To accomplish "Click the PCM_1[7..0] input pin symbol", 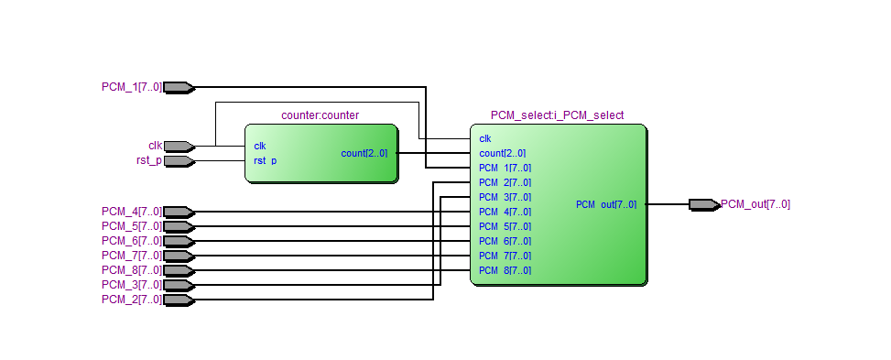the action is click(x=179, y=88).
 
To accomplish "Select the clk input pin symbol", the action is click(x=179, y=147).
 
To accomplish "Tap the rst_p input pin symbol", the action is click(x=179, y=161).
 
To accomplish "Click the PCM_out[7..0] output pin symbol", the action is click(x=704, y=204).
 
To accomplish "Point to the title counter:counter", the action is click(x=320, y=115).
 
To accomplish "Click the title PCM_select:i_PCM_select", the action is click(x=557, y=115).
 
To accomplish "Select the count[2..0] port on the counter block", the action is click(x=364, y=154).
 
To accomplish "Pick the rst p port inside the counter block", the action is click(x=266, y=161).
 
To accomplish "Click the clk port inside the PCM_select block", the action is click(x=484, y=138).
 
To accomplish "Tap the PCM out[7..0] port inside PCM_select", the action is click(x=606, y=205).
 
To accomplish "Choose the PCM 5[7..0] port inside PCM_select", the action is click(x=505, y=226).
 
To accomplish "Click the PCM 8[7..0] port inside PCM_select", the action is click(x=505, y=271).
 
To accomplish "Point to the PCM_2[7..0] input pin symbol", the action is click(x=179, y=300).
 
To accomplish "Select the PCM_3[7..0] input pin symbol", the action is click(x=179, y=285).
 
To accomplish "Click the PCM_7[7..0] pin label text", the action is click(x=132, y=256).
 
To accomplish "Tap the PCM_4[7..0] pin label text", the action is click(x=132, y=212).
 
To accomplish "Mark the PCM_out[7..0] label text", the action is click(x=755, y=204).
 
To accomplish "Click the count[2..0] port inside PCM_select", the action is click(x=503, y=154).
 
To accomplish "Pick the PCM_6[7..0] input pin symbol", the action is click(x=179, y=241).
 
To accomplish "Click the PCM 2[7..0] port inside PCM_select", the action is click(x=505, y=182).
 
